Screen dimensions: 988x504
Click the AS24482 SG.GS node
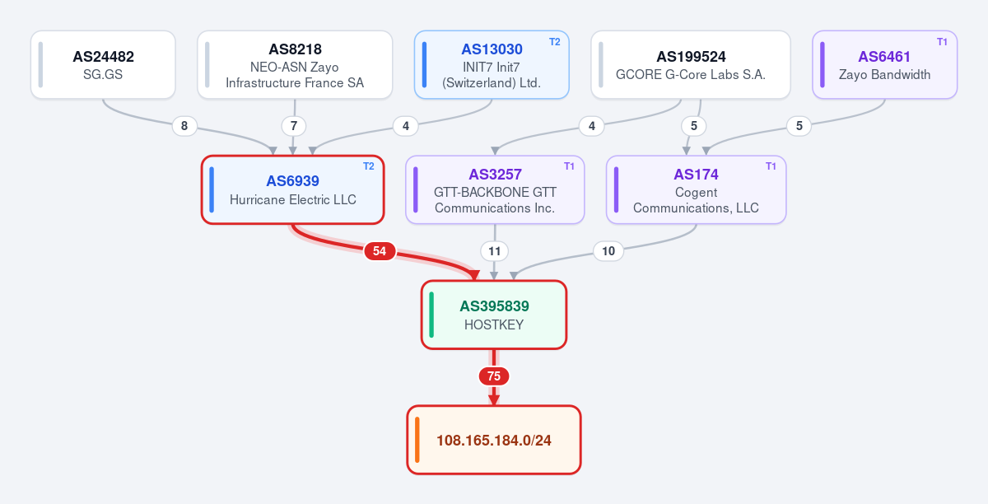coord(103,65)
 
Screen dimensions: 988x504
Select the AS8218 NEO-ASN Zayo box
coord(295,65)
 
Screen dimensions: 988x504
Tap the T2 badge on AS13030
coord(554,42)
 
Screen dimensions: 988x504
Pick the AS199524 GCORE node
coord(690,65)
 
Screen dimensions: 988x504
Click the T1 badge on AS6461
coord(942,42)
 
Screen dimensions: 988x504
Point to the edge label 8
coord(184,126)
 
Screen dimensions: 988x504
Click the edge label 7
coord(294,126)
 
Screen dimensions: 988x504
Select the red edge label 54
coord(380,251)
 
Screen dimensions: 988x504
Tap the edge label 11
coord(494,251)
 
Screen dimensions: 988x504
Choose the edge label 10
coord(608,251)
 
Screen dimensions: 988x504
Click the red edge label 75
coord(494,376)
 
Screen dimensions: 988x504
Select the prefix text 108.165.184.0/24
coord(493,441)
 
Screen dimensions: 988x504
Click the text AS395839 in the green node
coord(494,306)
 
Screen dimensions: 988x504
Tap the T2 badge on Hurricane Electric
coord(368,166)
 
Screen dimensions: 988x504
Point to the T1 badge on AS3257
coord(569,166)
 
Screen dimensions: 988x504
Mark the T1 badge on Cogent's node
coord(771,166)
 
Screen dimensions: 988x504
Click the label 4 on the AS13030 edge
coord(406,126)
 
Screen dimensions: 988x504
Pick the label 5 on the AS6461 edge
coord(799,126)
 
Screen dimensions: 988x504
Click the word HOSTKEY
coord(494,324)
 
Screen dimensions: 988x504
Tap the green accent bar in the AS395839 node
coord(431,315)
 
